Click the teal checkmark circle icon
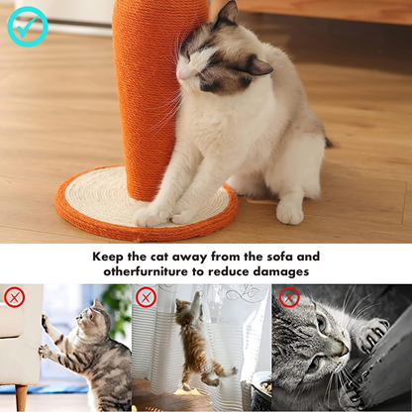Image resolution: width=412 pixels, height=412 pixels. [28, 27]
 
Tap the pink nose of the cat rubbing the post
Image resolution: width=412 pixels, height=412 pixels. [181, 76]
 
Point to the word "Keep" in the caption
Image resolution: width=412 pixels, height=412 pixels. [105, 257]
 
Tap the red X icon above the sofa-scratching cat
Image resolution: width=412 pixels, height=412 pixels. [15, 297]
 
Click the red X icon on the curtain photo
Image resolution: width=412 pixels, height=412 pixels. [146, 297]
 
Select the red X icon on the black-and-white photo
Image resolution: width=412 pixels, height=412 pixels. [289, 297]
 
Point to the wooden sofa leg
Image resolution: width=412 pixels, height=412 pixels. [21, 397]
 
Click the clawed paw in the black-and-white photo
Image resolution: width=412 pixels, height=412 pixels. [372, 334]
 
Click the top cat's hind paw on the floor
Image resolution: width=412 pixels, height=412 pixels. [290, 212]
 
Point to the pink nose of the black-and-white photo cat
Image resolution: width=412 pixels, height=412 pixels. [345, 350]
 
